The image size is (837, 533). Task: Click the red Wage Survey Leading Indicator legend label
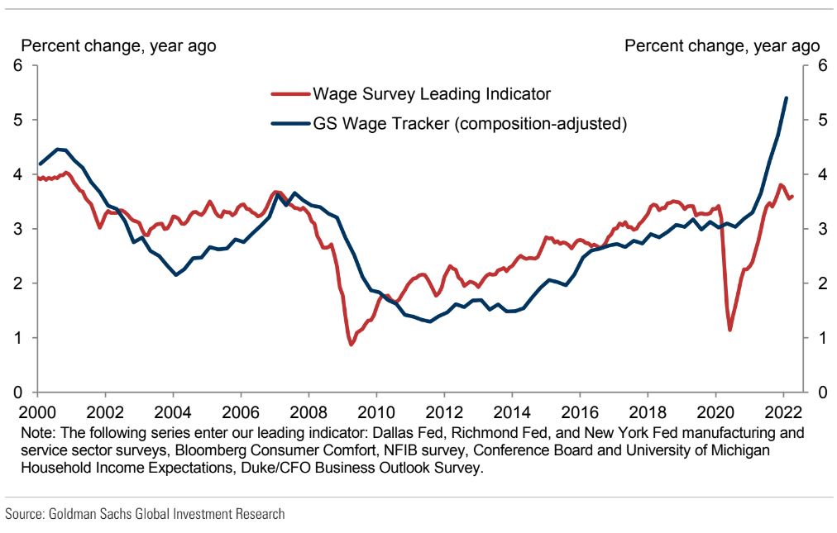pyautogui.click(x=431, y=94)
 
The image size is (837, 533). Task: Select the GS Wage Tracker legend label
pyautogui.click(x=469, y=125)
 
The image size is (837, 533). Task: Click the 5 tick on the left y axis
pyautogui.click(x=17, y=120)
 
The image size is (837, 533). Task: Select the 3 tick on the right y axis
pyautogui.click(x=821, y=229)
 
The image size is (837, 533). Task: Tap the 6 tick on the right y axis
pyautogui.click(x=821, y=66)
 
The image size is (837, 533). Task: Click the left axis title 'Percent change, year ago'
pyautogui.click(x=118, y=46)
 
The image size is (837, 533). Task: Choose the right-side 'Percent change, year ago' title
pyautogui.click(x=722, y=46)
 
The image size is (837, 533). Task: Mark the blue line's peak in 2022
pyautogui.click(x=786, y=98)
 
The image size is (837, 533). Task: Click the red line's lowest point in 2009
pyautogui.click(x=351, y=344)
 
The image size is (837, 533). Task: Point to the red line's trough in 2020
pyautogui.click(x=730, y=331)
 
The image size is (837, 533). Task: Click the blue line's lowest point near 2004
pyautogui.click(x=176, y=275)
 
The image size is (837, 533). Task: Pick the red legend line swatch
pyautogui.click(x=289, y=94)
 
